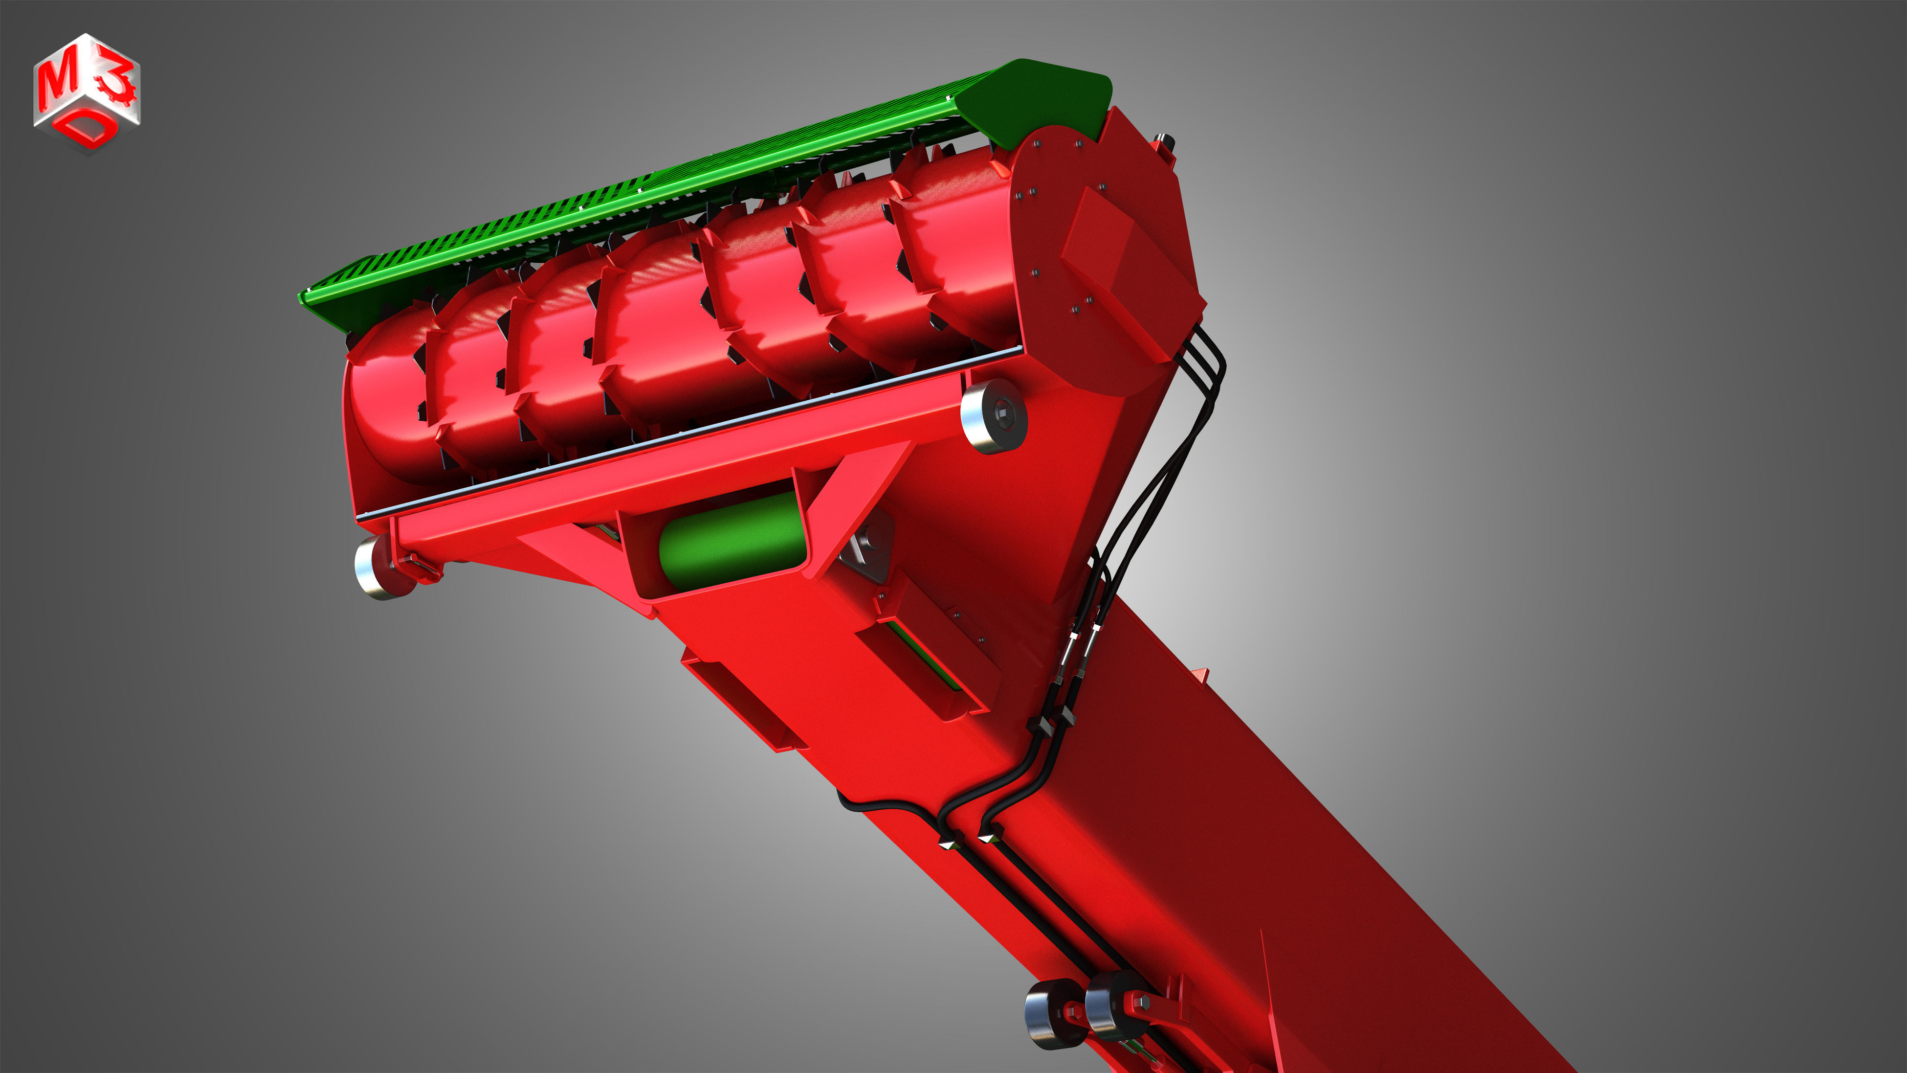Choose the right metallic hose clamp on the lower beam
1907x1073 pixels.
click(x=988, y=837)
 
